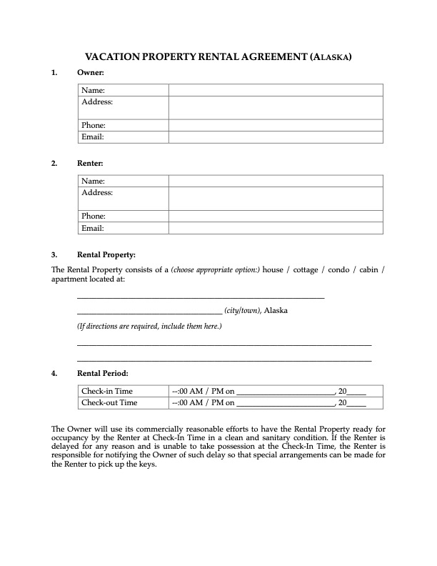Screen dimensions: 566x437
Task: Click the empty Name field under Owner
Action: pyautogui.click(x=276, y=90)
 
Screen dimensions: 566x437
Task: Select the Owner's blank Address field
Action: pyautogui.click(x=276, y=108)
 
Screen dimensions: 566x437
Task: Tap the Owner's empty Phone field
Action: pyautogui.click(x=276, y=125)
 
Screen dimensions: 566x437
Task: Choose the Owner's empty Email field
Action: pyautogui.click(x=276, y=136)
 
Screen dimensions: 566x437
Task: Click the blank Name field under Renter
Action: pyautogui.click(x=276, y=182)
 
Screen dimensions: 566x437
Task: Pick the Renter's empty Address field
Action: pyautogui.click(x=276, y=199)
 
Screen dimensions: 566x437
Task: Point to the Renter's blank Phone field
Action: pyautogui.click(x=276, y=216)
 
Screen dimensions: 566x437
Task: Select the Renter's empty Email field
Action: pyautogui.click(x=276, y=228)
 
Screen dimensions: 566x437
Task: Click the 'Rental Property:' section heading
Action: pyautogui.click(x=106, y=254)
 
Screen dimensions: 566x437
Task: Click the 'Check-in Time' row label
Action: pyautogui.click(x=107, y=391)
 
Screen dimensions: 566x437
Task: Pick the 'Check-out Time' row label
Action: pyautogui.click(x=109, y=402)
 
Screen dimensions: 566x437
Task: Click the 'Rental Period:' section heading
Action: pyautogui.click(x=103, y=373)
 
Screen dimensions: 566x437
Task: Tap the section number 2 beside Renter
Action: pyautogui.click(x=54, y=164)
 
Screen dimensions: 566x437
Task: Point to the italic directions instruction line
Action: pyautogui.click(x=149, y=327)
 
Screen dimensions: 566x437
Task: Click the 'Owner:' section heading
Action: pyautogui.click(x=91, y=73)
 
